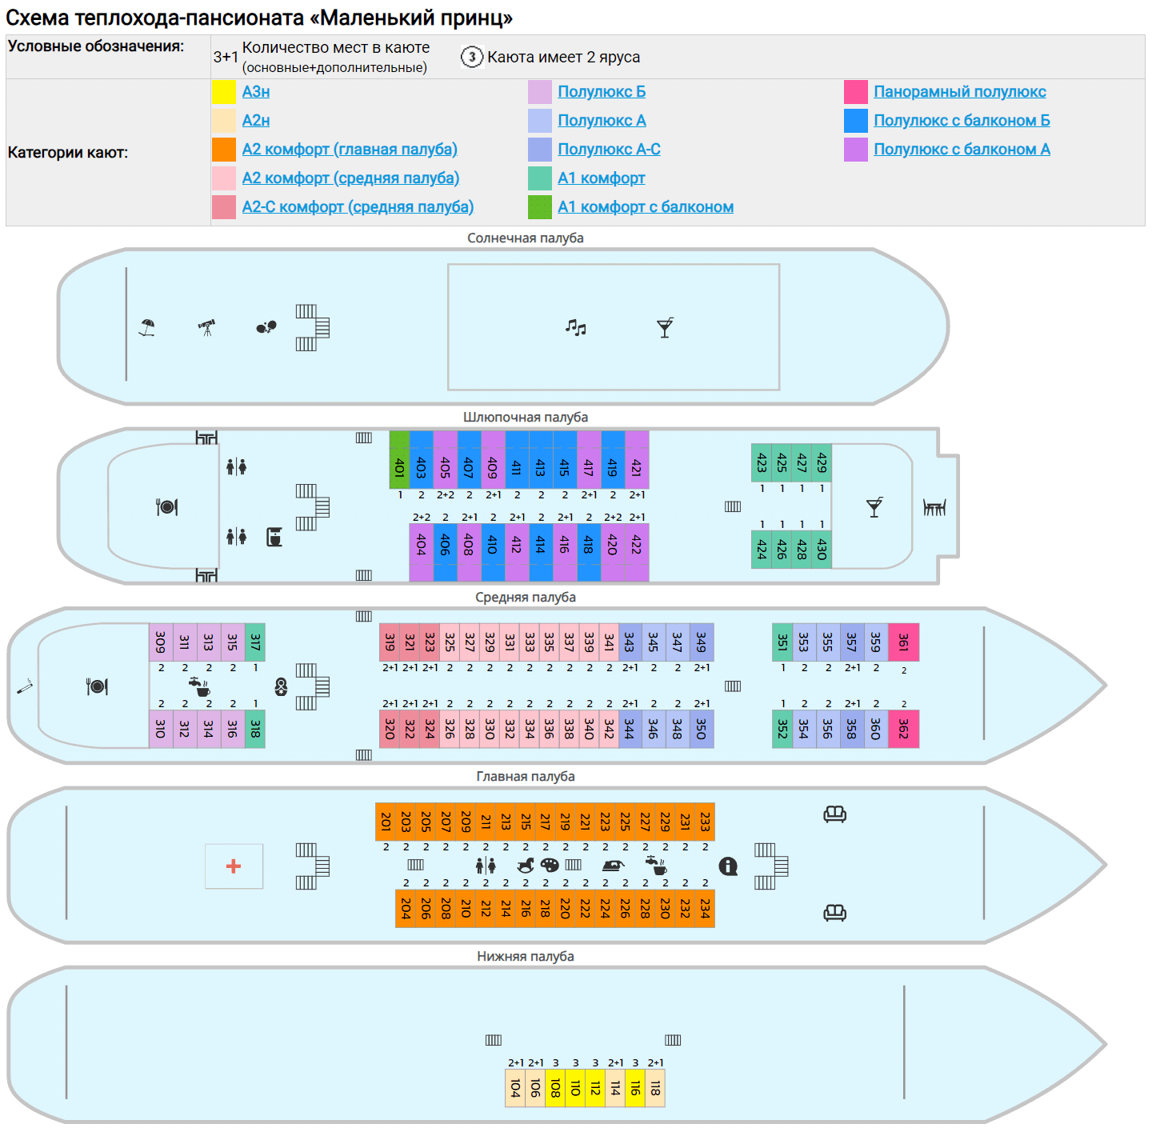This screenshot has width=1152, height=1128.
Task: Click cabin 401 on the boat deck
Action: point(399,460)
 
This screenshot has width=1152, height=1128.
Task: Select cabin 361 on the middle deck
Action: point(904,642)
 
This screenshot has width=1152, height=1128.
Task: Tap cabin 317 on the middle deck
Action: point(255,642)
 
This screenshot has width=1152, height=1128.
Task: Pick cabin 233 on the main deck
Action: point(705,822)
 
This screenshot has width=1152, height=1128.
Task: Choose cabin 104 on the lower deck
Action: point(515,1088)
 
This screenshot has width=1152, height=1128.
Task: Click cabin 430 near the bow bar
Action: point(822,550)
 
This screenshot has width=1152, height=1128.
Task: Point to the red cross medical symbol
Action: point(234,866)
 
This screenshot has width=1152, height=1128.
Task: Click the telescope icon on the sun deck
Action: point(207,327)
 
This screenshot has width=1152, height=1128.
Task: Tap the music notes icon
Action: point(576,327)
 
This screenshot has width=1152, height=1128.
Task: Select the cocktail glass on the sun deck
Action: point(665,327)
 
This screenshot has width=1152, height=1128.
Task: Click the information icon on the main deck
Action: point(728,866)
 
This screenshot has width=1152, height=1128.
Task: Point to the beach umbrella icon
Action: point(146,327)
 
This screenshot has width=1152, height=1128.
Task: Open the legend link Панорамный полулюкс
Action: point(959,92)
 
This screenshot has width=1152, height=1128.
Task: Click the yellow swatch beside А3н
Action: point(224,92)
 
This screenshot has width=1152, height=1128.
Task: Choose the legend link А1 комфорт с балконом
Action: point(646,207)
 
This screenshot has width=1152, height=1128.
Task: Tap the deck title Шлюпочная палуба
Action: point(526,418)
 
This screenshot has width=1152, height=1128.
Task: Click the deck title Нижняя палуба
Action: point(526,957)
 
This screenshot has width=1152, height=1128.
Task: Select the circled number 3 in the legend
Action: point(472,57)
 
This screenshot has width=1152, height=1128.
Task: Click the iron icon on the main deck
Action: point(613,865)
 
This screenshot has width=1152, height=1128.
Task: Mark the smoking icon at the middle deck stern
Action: point(25,686)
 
